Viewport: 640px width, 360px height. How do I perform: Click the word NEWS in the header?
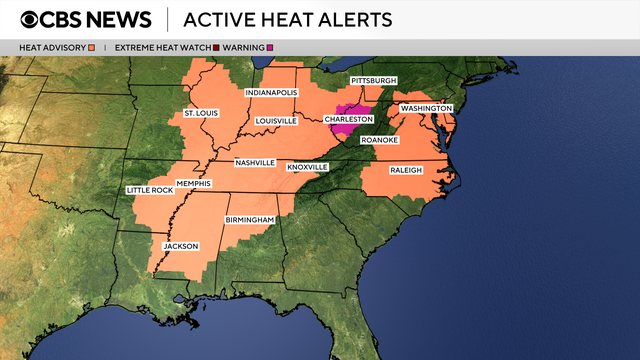click(118, 19)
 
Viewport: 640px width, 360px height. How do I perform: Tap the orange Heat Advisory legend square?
click(91, 47)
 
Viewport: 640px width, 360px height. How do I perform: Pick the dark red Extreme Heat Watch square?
click(216, 47)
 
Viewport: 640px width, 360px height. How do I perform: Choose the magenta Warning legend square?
click(270, 47)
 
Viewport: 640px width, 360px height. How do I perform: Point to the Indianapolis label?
click(273, 93)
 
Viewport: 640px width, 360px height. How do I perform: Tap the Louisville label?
click(276, 121)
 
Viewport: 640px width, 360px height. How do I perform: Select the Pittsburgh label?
click(373, 80)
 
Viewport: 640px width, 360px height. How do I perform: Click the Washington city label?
click(427, 107)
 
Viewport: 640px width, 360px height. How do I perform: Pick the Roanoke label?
click(379, 140)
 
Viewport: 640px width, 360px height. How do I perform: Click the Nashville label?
click(256, 163)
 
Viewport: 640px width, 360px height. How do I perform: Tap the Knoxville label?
click(307, 166)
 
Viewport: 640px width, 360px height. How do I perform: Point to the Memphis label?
click(192, 183)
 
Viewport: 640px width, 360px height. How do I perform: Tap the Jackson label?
click(181, 246)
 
